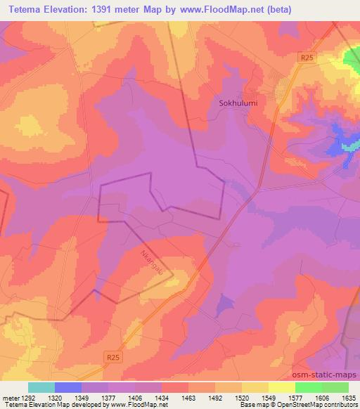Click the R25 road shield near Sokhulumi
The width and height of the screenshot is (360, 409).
coord(305,58)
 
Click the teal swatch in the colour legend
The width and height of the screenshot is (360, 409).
coord(41,387)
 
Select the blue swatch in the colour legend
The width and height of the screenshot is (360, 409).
coord(67,387)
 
